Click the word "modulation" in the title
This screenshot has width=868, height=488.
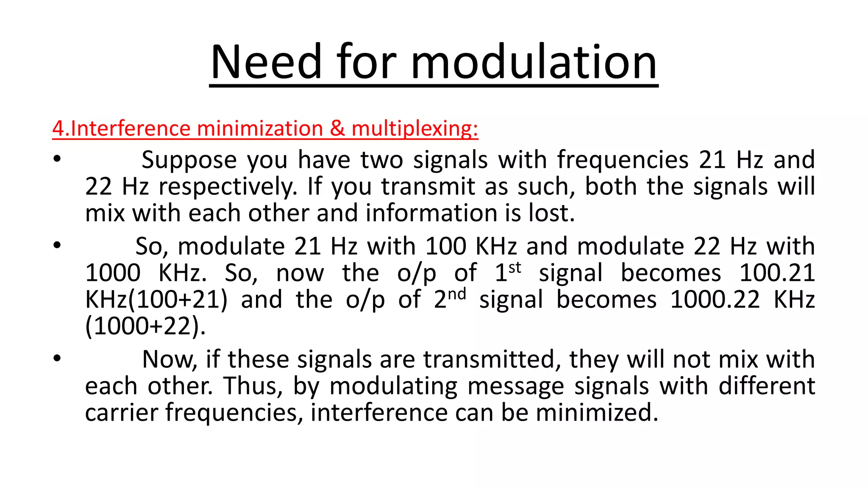(534, 62)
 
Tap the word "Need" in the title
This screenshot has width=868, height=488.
(266, 62)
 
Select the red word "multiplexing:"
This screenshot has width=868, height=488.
(415, 128)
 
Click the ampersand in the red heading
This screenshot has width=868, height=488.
(337, 128)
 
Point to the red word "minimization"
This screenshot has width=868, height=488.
(260, 128)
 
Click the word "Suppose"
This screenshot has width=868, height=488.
(189, 161)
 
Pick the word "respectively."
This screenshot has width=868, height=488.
(228, 187)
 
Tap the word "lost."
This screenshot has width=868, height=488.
(551, 213)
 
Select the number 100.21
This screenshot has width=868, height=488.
(777, 273)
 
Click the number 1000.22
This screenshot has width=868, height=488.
(715, 300)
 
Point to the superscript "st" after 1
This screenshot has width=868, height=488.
(515, 268)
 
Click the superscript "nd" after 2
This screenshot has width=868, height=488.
(457, 294)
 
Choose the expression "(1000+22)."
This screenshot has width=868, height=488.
(145, 326)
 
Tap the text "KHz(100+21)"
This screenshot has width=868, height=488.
(156, 300)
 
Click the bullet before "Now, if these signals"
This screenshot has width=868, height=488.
(57, 359)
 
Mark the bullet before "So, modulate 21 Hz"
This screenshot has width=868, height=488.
(57, 245)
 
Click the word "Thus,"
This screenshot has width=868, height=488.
(253, 386)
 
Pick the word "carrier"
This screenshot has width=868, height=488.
(121, 413)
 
